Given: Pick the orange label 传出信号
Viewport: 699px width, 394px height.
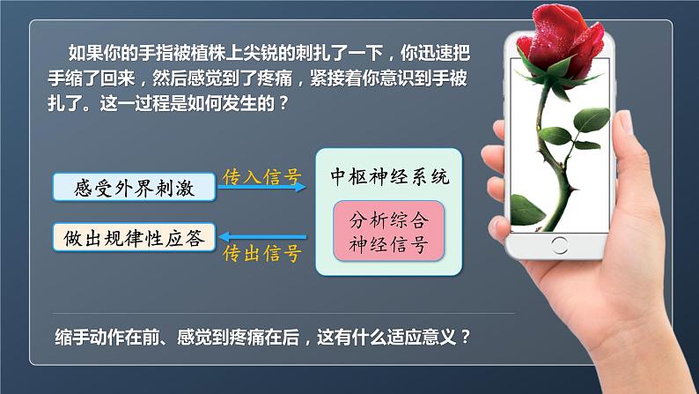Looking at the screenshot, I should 261,255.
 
